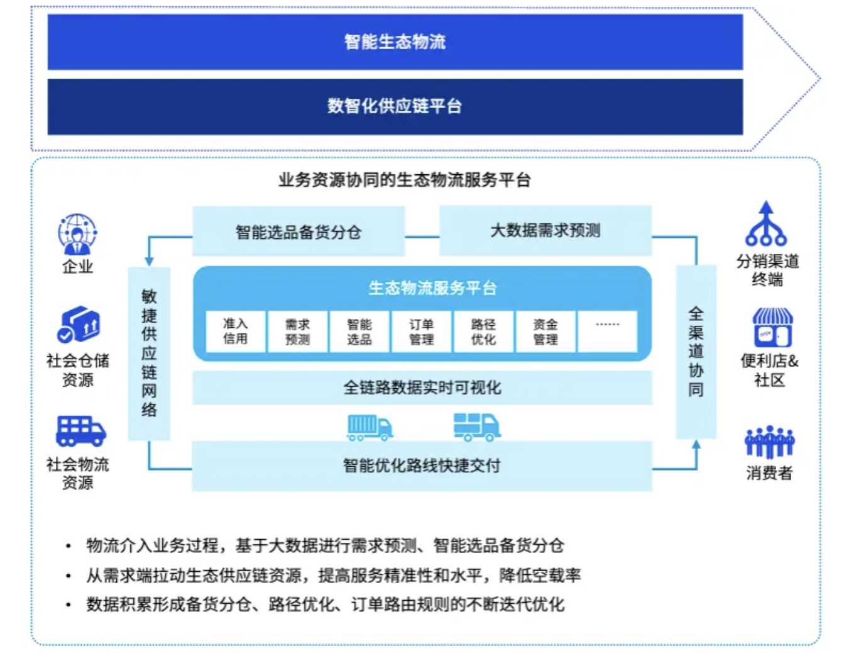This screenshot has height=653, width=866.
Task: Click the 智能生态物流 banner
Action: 395,42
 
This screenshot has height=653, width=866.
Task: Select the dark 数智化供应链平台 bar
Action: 395,106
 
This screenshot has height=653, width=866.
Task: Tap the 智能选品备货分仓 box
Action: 299,232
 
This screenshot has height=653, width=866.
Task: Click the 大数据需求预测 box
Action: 545,230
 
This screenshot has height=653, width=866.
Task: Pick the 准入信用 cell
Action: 236,331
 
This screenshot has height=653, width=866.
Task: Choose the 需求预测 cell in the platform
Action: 297,331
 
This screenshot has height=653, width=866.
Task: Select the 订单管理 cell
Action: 422,331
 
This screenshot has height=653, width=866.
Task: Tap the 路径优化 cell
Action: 483,331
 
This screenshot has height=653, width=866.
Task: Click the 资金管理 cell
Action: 545,331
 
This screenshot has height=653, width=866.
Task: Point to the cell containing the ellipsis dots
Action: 607,331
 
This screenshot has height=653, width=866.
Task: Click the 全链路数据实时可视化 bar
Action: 422,388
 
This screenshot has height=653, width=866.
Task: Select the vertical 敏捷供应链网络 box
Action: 149,353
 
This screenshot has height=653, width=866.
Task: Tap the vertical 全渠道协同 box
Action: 696,352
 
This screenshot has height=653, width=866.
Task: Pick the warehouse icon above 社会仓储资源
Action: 79,325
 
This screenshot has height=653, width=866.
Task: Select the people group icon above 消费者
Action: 769,442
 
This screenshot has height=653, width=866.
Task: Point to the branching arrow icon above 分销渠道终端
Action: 765,225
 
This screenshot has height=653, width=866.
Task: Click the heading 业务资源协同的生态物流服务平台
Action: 405,181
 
